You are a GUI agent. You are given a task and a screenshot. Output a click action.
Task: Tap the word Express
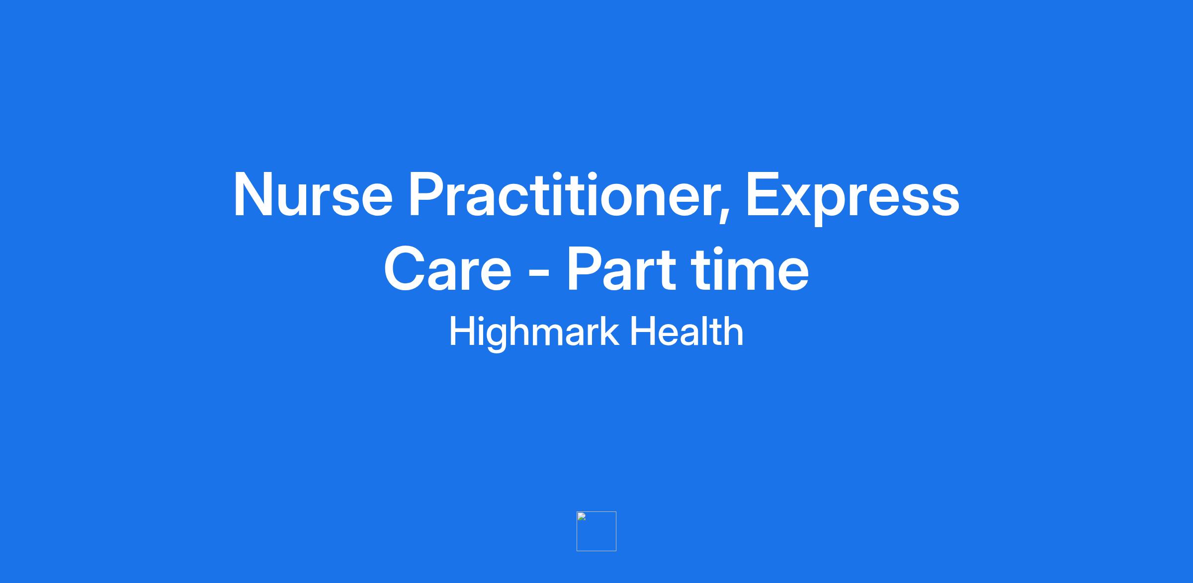[853, 198]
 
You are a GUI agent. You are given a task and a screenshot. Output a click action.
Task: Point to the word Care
[447, 269]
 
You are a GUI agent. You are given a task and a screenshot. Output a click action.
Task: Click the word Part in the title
[622, 269]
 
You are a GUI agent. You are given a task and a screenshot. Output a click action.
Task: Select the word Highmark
[534, 333]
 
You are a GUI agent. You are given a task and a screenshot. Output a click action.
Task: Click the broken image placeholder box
[596, 531]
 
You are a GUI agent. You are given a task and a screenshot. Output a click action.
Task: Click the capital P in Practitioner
[427, 195]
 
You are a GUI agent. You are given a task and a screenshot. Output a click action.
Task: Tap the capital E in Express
[764, 195]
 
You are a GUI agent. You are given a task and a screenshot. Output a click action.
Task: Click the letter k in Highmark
[609, 331]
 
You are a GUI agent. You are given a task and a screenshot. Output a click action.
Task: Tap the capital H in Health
[643, 331]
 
